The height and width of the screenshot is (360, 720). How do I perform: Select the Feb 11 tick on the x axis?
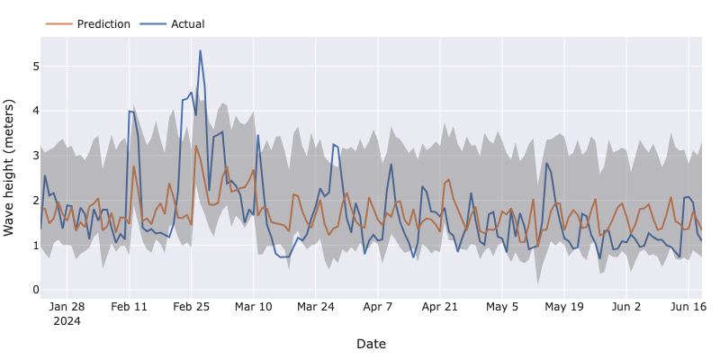tap(129, 306)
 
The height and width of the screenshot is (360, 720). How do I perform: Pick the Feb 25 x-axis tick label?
tap(191, 306)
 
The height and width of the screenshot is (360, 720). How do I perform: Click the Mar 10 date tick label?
tap(253, 306)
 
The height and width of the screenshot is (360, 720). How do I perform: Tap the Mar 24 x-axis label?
tap(315, 306)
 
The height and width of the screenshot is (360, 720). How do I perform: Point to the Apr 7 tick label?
tap(377, 306)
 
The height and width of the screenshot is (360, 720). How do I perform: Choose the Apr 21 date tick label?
tap(439, 306)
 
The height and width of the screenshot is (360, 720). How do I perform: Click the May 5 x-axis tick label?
tap(502, 306)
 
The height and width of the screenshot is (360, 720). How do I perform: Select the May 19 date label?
tap(564, 306)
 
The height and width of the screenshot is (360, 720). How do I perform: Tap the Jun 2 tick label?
tap(626, 306)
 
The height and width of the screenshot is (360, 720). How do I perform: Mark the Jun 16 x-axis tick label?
tap(688, 306)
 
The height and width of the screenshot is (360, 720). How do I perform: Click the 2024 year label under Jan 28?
tap(67, 320)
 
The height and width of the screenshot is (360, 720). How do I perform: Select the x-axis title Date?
tap(371, 344)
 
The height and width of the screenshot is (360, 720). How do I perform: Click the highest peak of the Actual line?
tap(200, 50)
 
